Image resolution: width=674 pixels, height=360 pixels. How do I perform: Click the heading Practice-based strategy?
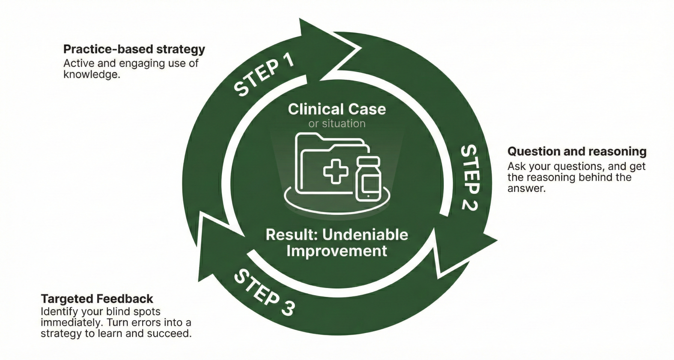pyautogui.click(x=134, y=49)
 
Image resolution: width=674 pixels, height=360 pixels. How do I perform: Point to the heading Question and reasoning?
pyautogui.click(x=577, y=151)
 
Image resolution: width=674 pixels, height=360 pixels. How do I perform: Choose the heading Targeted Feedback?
pyautogui.click(x=97, y=299)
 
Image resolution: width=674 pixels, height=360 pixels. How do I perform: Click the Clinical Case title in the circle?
pyautogui.click(x=337, y=109)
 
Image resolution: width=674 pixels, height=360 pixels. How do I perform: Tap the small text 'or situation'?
pyautogui.click(x=337, y=124)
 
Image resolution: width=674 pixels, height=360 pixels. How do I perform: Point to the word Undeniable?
pyautogui.click(x=365, y=235)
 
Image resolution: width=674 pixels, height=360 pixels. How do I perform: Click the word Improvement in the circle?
pyautogui.click(x=337, y=251)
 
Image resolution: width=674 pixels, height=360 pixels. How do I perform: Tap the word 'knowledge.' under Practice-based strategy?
pyautogui.click(x=92, y=74)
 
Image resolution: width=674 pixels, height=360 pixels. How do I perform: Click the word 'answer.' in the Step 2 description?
pyautogui.click(x=527, y=188)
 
